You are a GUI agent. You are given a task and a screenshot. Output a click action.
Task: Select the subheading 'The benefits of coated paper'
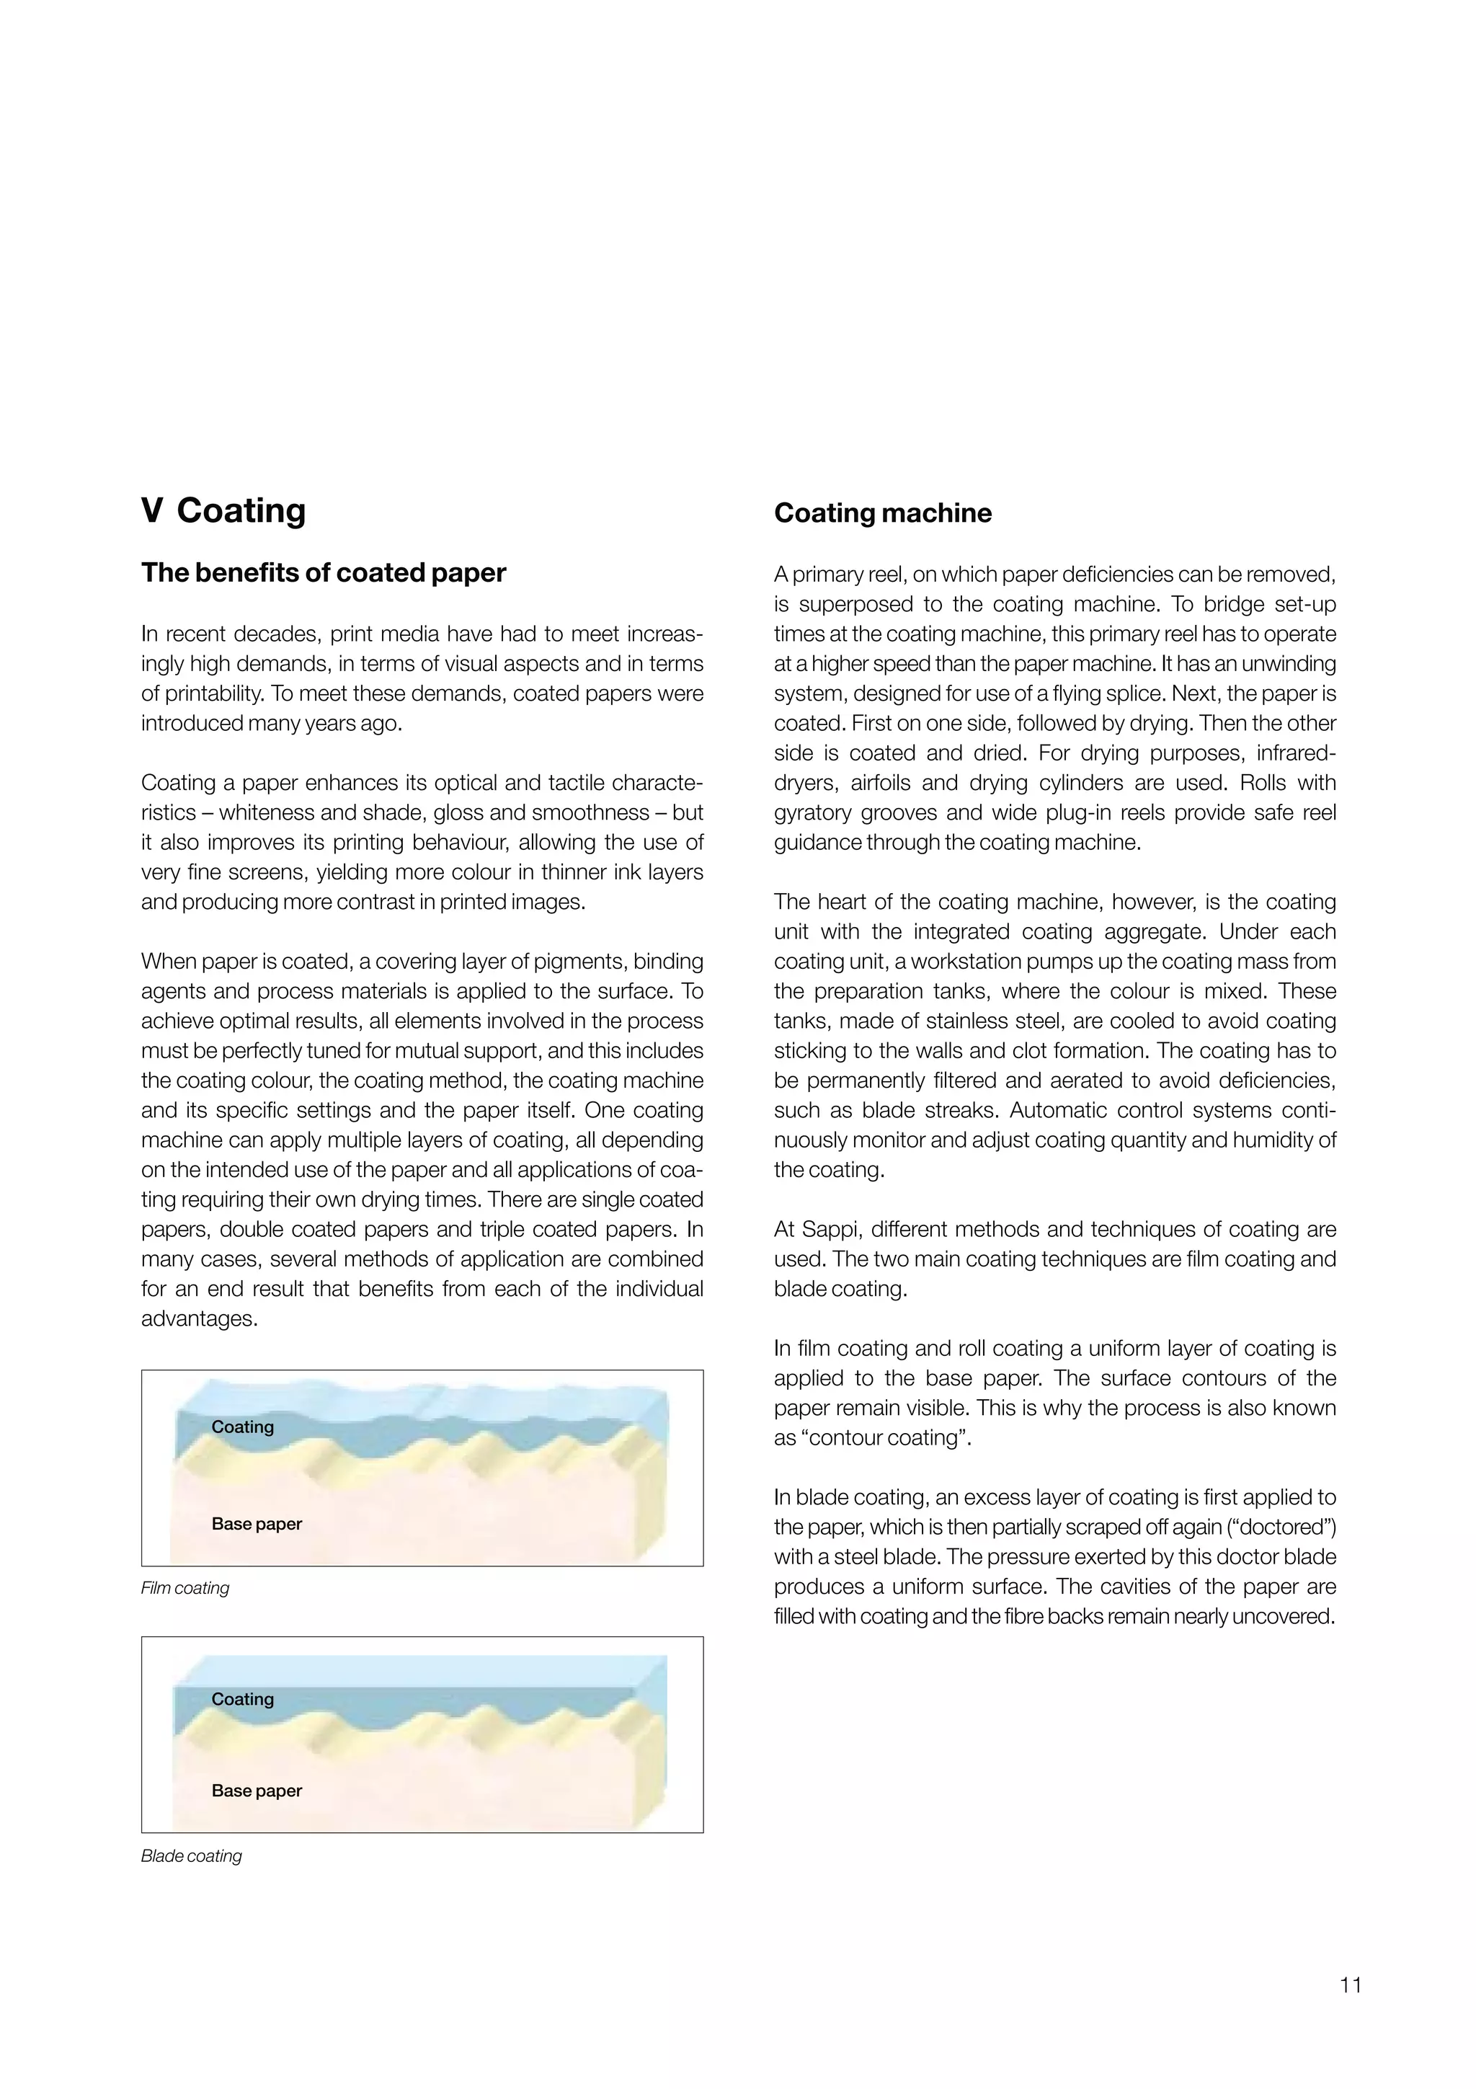click(323, 573)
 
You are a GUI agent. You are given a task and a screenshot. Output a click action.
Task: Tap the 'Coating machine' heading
click(882, 513)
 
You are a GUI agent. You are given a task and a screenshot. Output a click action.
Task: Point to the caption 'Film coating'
click(184, 1588)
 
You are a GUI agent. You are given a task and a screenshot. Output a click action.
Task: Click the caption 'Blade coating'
click(191, 1856)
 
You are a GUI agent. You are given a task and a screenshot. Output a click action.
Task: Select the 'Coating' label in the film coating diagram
click(242, 1427)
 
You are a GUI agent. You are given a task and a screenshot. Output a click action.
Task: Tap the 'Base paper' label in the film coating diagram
click(257, 1524)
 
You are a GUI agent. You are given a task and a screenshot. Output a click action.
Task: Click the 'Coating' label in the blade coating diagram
click(242, 1699)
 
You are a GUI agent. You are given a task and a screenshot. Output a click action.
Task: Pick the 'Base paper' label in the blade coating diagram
click(257, 1791)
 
